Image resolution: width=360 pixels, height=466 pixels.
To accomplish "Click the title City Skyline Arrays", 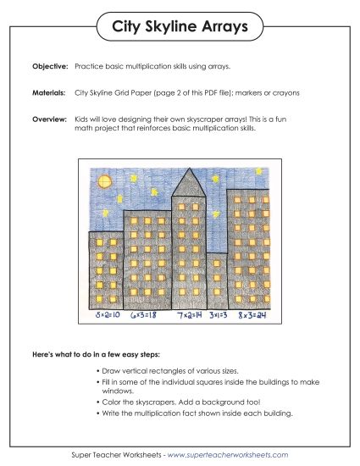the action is (180, 28).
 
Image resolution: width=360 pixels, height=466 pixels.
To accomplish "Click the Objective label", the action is (49, 65).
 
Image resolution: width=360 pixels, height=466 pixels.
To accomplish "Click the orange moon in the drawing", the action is (106, 180).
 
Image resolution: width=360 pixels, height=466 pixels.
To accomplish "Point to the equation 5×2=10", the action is (108, 315).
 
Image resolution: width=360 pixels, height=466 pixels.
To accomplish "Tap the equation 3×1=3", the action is (219, 315).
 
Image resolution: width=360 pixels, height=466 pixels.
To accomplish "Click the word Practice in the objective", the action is (89, 65).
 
